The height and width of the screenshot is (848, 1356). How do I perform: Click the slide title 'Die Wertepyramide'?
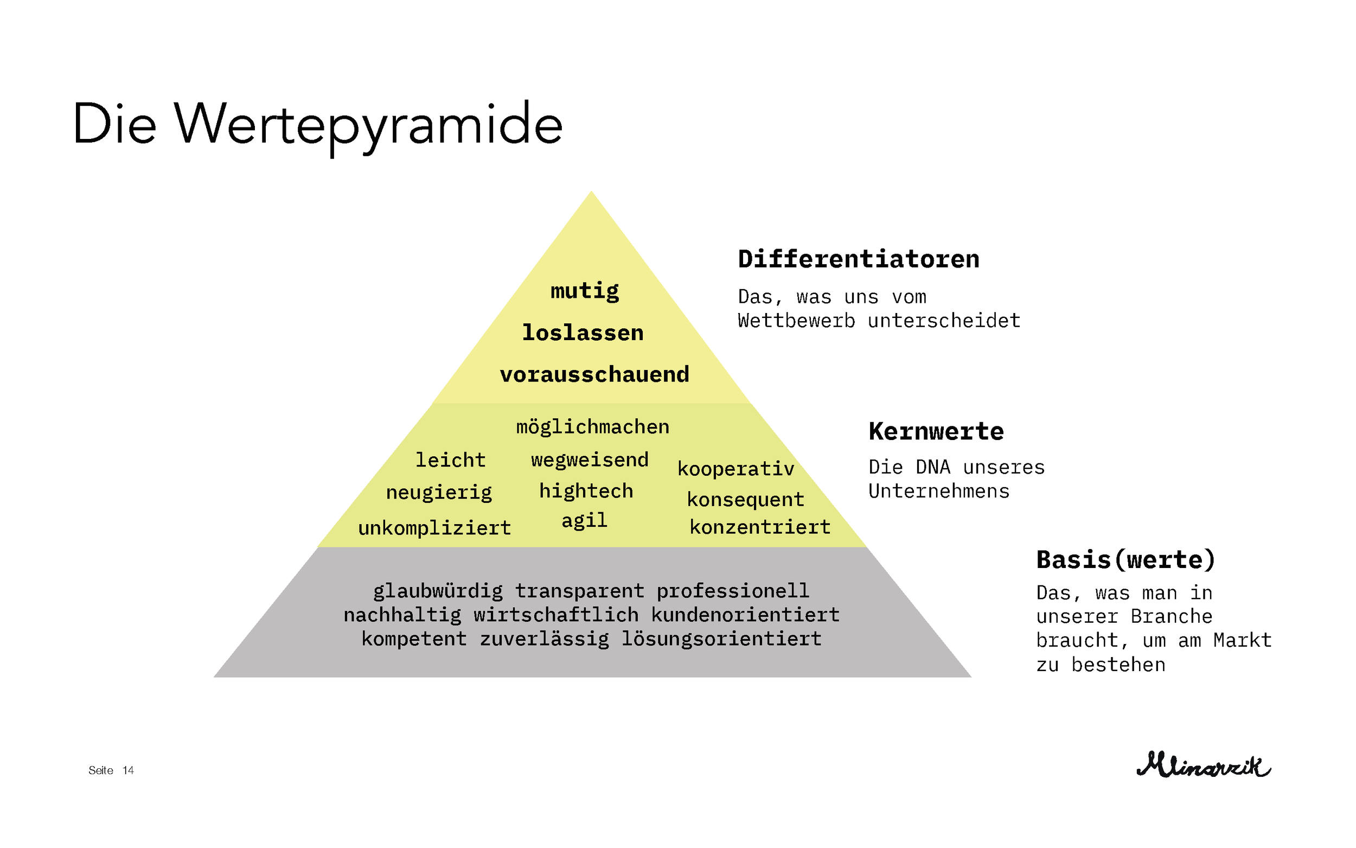click(x=317, y=124)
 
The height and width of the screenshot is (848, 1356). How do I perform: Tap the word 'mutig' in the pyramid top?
click(x=585, y=291)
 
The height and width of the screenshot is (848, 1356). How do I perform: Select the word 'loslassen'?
click(x=583, y=333)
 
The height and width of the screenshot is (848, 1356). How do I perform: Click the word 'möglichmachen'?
click(x=592, y=428)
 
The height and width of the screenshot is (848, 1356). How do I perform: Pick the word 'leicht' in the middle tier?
click(x=450, y=460)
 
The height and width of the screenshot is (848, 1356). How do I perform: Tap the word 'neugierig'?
click(x=439, y=493)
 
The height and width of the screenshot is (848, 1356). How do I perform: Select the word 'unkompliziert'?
click(x=434, y=528)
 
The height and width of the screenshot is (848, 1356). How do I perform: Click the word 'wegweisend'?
click(x=590, y=460)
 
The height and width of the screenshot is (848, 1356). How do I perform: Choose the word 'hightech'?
click(x=586, y=492)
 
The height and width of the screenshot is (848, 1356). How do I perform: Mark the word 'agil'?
click(x=584, y=520)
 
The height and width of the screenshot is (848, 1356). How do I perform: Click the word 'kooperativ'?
click(x=735, y=469)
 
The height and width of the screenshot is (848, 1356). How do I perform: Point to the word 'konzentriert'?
click(x=759, y=527)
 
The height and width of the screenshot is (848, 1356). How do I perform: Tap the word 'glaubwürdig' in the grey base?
click(x=438, y=591)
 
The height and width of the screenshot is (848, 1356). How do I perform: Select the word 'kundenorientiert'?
click(x=745, y=615)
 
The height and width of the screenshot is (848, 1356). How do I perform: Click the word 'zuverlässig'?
click(x=545, y=639)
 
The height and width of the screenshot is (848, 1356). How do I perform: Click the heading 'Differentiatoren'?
click(x=858, y=259)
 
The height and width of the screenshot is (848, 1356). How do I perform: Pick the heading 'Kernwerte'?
click(x=936, y=431)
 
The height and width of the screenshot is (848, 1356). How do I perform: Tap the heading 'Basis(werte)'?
click(x=1125, y=560)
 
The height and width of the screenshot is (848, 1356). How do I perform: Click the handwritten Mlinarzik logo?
click(x=1204, y=765)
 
